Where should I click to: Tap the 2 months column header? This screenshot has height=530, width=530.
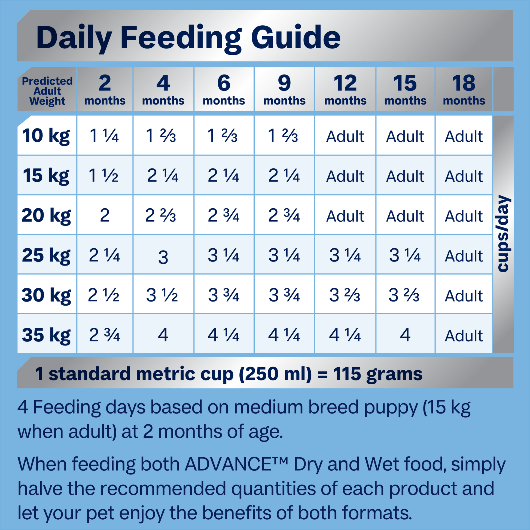coord(105,90)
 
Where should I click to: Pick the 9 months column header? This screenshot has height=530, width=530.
coord(284,90)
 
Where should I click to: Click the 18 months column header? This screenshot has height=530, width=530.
coord(464,90)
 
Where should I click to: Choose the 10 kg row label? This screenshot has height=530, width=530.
coord(46,136)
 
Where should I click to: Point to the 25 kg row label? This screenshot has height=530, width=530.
coord(46,255)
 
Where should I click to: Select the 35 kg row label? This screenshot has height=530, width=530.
coord(46,335)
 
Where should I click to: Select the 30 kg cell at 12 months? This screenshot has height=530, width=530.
coord(345,296)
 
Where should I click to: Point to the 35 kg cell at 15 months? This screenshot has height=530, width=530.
coord(405,335)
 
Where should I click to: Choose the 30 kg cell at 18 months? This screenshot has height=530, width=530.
coord(464,296)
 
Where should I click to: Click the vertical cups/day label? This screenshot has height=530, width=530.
coord(504,234)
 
